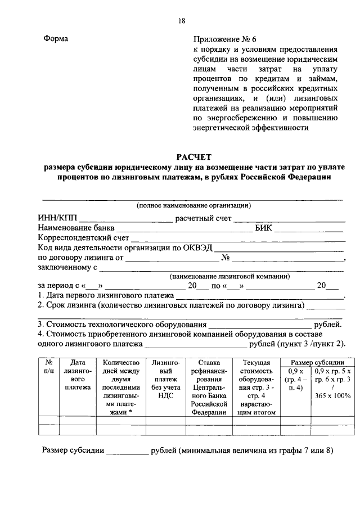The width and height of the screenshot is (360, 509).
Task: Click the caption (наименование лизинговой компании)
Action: click(x=229, y=276)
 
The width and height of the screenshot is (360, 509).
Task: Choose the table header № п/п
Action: click(x=49, y=367)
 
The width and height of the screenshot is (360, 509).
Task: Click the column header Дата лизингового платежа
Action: click(x=77, y=375)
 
